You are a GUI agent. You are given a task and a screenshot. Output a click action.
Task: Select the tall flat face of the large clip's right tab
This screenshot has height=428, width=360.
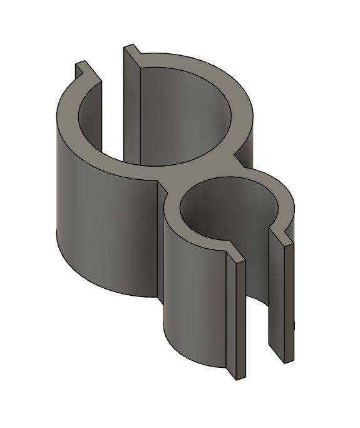pos(131,113)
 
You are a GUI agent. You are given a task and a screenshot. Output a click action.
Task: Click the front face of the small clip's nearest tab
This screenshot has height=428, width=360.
pos(236,320)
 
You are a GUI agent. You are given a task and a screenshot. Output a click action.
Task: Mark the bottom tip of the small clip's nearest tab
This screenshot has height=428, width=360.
pos(236,376)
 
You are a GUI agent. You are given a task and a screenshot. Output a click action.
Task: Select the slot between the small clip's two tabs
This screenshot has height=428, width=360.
pos(257,301)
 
